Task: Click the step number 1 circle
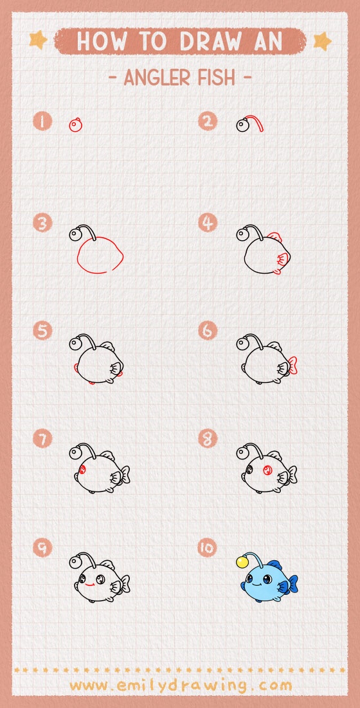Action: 42,121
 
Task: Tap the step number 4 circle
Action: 208,223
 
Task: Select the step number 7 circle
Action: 42,439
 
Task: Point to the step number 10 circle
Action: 208,548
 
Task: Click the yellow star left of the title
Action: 39,41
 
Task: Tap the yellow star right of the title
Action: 321,41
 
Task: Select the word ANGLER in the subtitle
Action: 154,78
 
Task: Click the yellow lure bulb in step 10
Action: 242,562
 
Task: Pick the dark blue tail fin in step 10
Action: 292,584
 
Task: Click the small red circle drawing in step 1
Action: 76,125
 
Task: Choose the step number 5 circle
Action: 42,331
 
